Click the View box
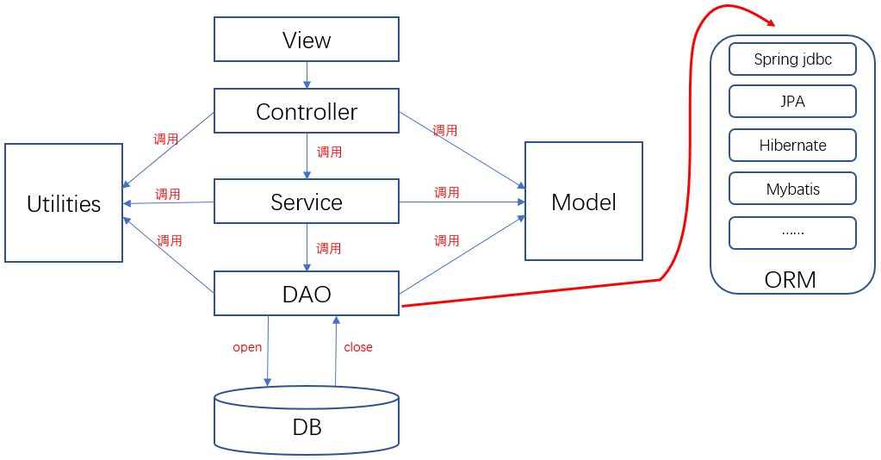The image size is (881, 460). (x=307, y=40)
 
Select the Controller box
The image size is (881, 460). (x=307, y=111)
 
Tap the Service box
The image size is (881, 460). (x=307, y=202)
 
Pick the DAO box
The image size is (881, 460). (x=307, y=293)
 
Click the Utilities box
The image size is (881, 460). (x=64, y=203)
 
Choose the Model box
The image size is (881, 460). (x=584, y=202)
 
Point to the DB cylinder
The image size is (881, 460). (x=307, y=420)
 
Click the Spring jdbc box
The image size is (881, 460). (x=792, y=59)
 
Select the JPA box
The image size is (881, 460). (x=792, y=102)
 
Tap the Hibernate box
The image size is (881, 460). (x=792, y=145)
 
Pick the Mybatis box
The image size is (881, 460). (x=792, y=189)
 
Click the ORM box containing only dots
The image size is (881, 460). (x=792, y=233)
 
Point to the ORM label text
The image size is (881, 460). (x=790, y=279)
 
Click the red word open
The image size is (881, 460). (x=247, y=347)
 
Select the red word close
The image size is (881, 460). (x=358, y=347)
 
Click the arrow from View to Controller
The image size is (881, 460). (x=307, y=75)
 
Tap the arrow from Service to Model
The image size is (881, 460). (x=462, y=202)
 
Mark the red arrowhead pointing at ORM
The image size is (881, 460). (x=769, y=21)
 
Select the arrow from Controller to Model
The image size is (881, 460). (x=462, y=150)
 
